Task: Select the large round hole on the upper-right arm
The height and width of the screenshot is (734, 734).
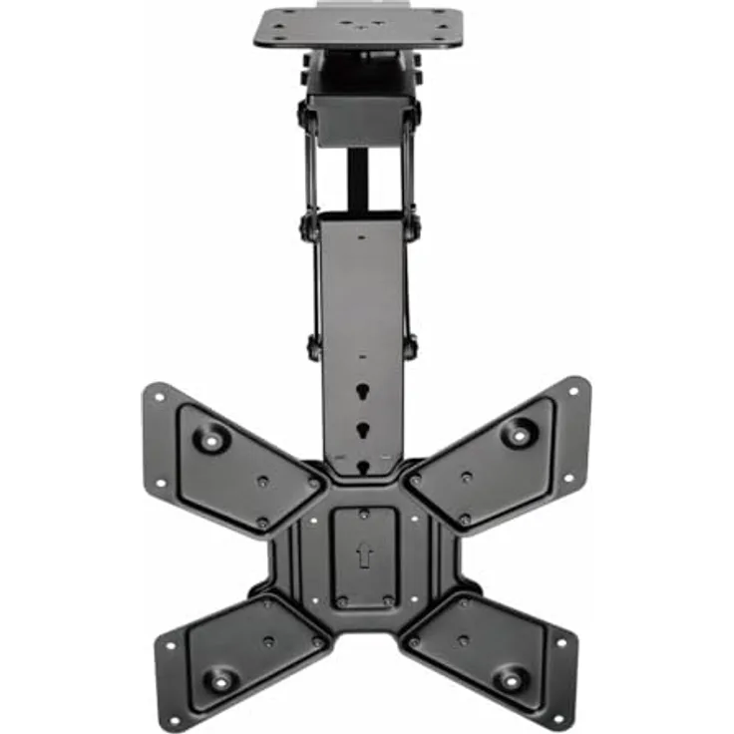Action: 518,433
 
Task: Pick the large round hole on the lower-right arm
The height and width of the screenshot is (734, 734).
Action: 512,678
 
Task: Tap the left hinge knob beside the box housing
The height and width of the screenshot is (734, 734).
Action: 303,117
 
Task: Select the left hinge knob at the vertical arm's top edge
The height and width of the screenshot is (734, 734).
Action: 306,225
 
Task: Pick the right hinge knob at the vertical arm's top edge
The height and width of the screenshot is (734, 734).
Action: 411,225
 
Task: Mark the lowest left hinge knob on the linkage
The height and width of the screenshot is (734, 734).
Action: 314,348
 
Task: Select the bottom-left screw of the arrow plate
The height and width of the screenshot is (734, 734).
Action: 341,601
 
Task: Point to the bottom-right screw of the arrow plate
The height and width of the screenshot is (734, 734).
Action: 388,601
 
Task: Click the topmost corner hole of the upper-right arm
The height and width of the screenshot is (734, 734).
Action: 574,390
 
